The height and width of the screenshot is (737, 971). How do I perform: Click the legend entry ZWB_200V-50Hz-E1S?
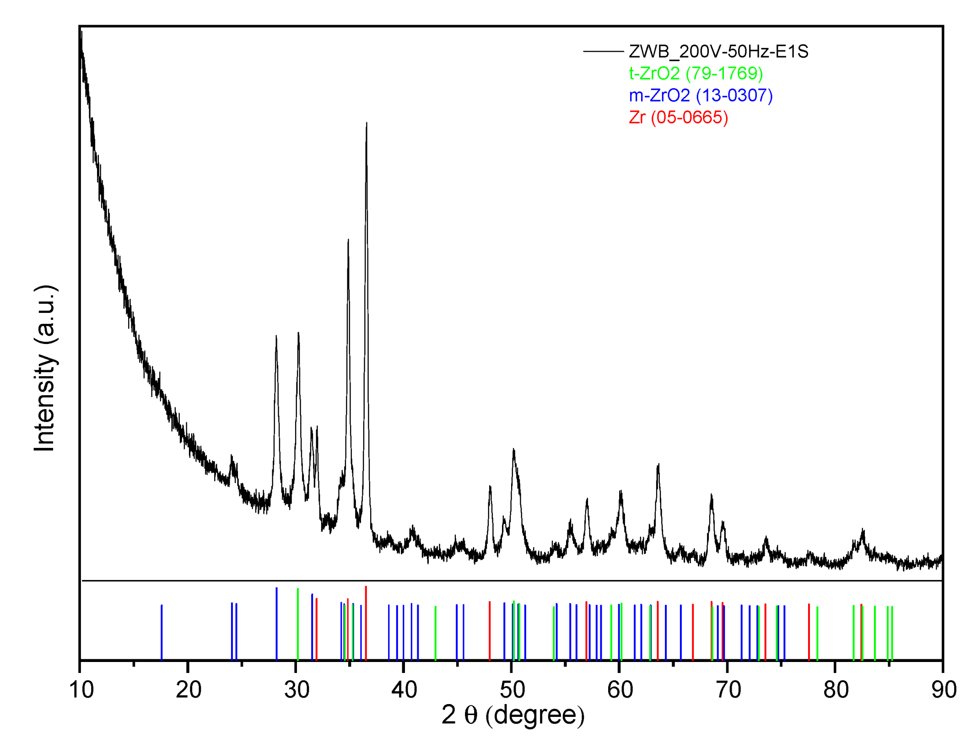tap(718, 51)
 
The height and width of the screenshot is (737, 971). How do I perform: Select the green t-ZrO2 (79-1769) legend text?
tap(696, 73)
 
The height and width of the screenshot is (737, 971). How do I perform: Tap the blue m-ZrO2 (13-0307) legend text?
tap(701, 95)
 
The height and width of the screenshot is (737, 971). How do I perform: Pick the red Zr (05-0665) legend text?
tap(678, 117)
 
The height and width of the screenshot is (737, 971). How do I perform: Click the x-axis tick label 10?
tap(81, 689)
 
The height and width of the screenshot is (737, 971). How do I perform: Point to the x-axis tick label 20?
tap(189, 689)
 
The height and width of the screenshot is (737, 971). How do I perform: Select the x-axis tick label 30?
tap(297, 689)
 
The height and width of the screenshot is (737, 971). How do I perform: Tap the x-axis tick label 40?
tap(404, 689)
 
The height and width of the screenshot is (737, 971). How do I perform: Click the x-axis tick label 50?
tap(512, 689)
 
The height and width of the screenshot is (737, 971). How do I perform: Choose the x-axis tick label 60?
tap(620, 689)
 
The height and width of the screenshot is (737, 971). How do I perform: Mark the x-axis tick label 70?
tap(728, 689)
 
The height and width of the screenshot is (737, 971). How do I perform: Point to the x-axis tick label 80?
tap(836, 689)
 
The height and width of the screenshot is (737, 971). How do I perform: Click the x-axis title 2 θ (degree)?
tap(512, 715)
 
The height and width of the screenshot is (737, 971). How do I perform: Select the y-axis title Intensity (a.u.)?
tap(45, 368)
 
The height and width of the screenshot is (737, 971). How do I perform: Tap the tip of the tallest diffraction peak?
tap(367, 123)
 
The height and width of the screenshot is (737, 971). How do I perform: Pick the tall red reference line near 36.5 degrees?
tap(366, 622)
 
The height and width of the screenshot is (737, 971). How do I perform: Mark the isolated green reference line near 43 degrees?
tap(435, 633)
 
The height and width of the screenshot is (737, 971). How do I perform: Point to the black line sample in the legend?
tap(603, 51)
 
